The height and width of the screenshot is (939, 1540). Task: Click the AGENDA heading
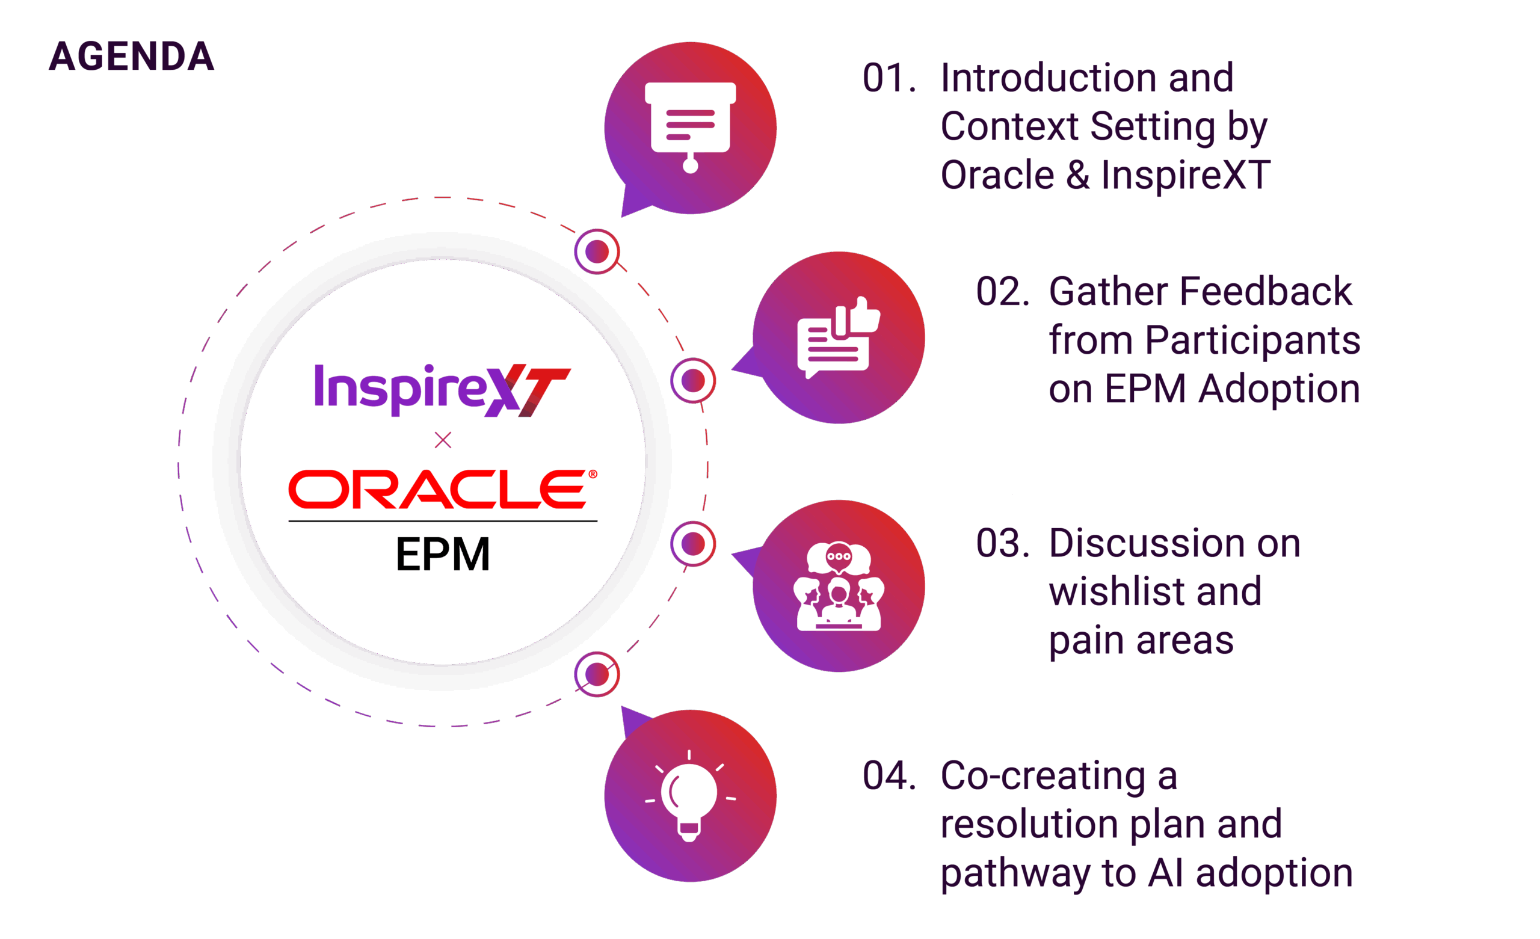(132, 57)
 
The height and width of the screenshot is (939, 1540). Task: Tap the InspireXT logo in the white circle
(442, 389)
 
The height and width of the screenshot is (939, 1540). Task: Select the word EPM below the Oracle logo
(443, 555)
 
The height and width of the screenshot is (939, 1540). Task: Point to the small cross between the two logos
(443, 440)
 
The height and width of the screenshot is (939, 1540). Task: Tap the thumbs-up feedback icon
(838, 337)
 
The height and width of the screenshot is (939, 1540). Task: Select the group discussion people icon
(838, 586)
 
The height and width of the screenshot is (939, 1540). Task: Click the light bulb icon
(689, 796)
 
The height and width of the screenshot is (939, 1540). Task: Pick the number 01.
(889, 79)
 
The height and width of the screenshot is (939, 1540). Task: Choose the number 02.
(1002, 292)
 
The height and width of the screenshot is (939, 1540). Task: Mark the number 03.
(1002, 543)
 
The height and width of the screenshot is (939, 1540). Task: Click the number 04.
(889, 776)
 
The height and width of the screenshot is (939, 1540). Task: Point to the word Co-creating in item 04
(1043, 776)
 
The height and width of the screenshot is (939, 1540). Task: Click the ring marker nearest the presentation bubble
(597, 251)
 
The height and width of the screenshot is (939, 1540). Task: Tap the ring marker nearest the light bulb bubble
(597, 674)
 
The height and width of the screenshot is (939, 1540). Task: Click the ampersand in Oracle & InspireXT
(1077, 175)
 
